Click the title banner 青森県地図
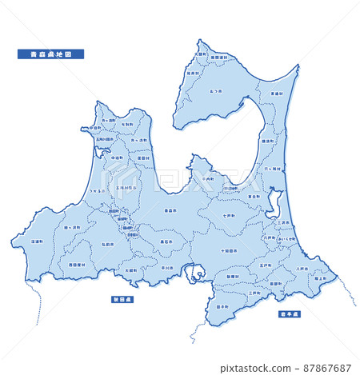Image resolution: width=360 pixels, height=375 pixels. [50, 54]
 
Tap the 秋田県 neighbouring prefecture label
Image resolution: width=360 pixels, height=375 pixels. [123, 300]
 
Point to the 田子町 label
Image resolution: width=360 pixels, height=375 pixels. [222, 306]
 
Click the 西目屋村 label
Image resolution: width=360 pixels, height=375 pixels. [77, 264]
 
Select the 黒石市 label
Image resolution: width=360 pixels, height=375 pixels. [166, 240]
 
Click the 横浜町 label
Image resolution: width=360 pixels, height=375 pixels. [268, 141]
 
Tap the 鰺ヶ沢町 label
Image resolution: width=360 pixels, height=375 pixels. [72, 227]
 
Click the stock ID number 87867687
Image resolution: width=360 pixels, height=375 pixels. [323, 369]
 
